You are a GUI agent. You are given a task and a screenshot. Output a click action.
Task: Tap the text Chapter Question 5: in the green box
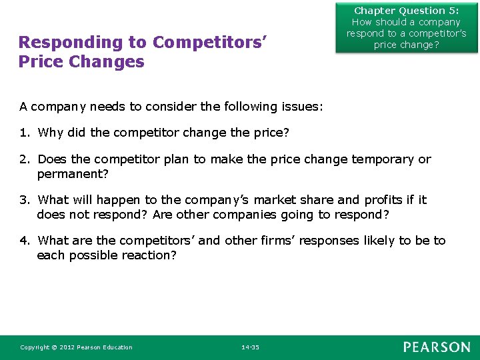[x=406, y=11]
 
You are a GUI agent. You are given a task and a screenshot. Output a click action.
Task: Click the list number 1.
[x=24, y=133]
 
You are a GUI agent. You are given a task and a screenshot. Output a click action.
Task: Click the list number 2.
[x=24, y=159]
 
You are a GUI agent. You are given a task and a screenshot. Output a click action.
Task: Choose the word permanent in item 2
[x=69, y=174]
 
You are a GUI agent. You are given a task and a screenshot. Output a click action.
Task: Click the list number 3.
[x=24, y=200]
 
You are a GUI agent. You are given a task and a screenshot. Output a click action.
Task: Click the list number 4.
[x=24, y=241]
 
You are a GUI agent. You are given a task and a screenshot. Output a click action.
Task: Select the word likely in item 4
[x=376, y=241]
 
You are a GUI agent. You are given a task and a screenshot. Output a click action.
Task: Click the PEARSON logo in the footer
[x=437, y=347]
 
